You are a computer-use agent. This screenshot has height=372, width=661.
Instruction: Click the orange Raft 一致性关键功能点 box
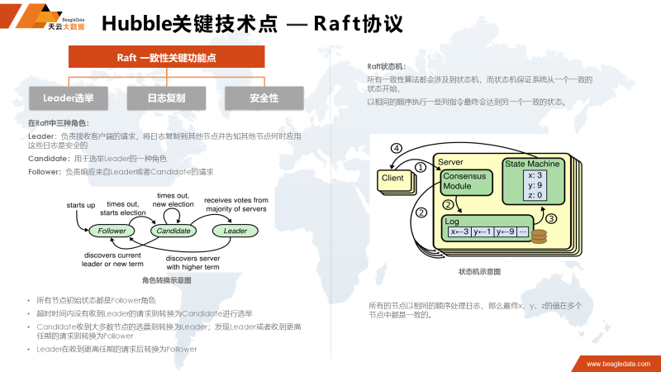coord(166,57)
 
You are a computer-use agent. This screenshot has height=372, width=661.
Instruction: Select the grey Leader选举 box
coord(69,98)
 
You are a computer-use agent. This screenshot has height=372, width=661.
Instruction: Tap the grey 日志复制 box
coord(166,98)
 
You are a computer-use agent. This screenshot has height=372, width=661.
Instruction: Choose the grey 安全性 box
coord(264,98)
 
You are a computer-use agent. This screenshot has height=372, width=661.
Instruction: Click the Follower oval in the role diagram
coord(112,231)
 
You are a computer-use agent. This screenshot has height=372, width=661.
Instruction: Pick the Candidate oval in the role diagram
coord(174,231)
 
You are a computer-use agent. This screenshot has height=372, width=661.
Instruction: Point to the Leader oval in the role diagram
coord(235,231)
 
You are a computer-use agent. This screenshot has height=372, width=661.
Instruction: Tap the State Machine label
coord(532,164)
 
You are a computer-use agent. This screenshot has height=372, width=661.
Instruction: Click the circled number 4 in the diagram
coord(396,149)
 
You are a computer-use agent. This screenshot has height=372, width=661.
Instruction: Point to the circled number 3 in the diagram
coord(551,218)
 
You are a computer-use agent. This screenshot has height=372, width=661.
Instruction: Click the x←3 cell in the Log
coord(459,231)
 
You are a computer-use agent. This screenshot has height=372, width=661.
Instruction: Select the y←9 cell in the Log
coord(503,231)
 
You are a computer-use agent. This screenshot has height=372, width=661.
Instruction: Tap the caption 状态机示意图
coord(479,271)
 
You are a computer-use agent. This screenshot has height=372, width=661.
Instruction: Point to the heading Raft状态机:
coord(387,66)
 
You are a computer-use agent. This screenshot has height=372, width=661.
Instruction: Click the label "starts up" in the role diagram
coord(80,204)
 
